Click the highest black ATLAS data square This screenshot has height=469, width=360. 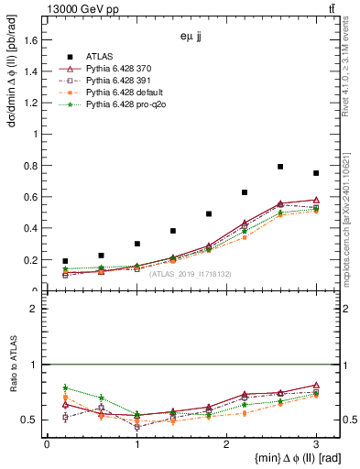pyautogui.click(x=280, y=167)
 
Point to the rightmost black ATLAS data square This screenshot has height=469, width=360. pyautogui.click(x=316, y=173)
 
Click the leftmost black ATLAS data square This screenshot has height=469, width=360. pyautogui.click(x=65, y=261)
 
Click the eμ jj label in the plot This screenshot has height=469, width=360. pyautogui.click(x=191, y=39)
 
